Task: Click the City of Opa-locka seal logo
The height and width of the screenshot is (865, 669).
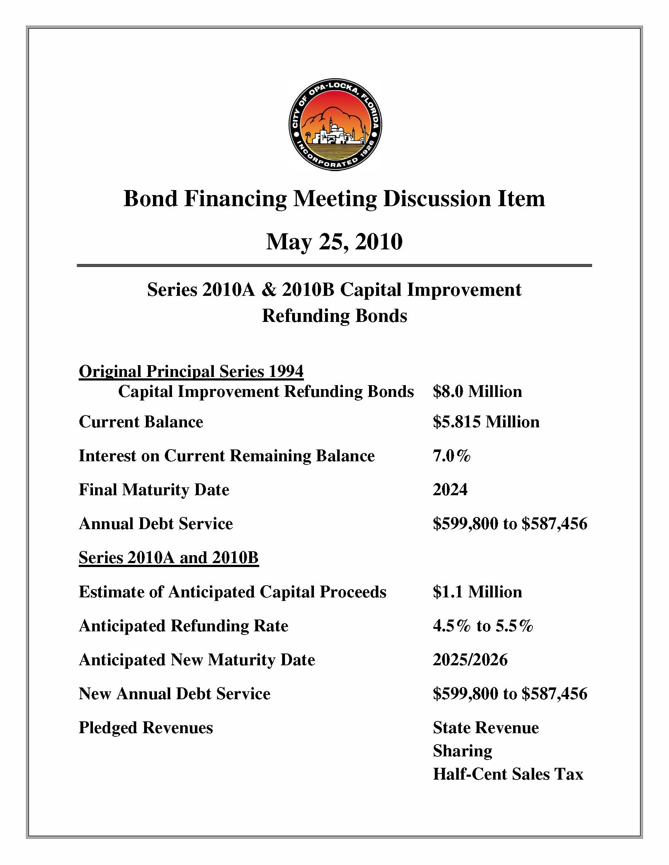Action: [335, 125]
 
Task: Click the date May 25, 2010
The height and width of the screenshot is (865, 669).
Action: [334, 242]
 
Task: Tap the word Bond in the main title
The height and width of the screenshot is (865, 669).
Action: [150, 198]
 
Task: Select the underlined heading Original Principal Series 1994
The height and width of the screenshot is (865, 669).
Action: [191, 372]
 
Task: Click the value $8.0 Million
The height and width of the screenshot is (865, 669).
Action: [477, 391]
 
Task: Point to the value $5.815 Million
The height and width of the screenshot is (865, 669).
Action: [486, 421]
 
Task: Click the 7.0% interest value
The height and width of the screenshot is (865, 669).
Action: [451, 456]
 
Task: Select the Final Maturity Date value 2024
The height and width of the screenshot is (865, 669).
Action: [450, 490]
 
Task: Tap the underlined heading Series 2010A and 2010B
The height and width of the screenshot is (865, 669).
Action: [168, 558]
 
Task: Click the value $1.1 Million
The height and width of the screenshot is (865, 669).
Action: [477, 592]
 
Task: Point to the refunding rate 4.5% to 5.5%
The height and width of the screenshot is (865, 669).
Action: [482, 626]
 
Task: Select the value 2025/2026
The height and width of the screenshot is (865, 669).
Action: [470, 660]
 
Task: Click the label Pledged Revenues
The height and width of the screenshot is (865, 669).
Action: [146, 727]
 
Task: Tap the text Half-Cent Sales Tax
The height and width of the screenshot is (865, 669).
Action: [508, 774]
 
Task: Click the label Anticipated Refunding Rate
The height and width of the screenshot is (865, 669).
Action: [183, 626]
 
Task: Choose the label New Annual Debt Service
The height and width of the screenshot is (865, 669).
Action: [174, 694]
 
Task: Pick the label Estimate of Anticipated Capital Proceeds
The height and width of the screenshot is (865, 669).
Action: [232, 592]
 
